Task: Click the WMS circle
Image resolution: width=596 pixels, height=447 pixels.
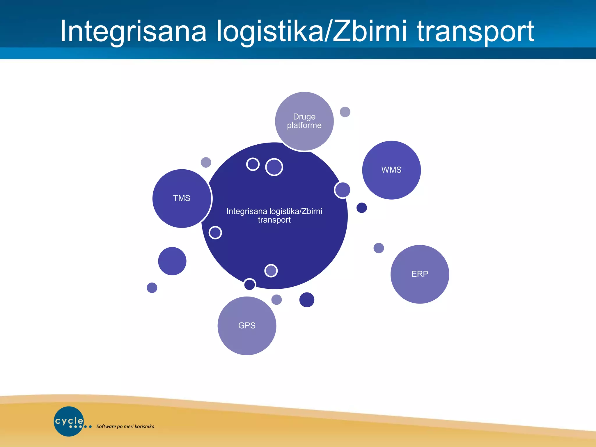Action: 391,170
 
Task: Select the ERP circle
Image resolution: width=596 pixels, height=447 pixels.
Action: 420,274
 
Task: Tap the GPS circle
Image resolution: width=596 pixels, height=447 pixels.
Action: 247,326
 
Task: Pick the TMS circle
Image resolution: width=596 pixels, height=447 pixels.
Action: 182,198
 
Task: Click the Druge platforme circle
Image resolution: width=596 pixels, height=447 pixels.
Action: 304,121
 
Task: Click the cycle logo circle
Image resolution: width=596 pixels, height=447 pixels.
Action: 69,421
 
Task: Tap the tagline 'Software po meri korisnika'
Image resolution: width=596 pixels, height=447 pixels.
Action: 125,427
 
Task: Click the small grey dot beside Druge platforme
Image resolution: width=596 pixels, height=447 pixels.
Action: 345,112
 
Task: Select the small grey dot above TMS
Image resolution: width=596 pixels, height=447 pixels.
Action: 206,162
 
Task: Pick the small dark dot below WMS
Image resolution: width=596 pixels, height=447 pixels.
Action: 361,208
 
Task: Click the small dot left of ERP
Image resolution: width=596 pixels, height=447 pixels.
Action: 379,248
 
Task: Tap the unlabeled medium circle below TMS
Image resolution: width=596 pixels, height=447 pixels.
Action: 172,261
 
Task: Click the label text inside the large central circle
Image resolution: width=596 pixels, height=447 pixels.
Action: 274,215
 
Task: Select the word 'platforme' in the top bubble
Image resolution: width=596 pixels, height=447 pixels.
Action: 304,125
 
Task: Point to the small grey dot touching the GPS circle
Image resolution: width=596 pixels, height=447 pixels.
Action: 276,299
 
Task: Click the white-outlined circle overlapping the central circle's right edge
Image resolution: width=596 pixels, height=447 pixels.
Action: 342,190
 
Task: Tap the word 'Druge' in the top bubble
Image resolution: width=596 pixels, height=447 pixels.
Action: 304,117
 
